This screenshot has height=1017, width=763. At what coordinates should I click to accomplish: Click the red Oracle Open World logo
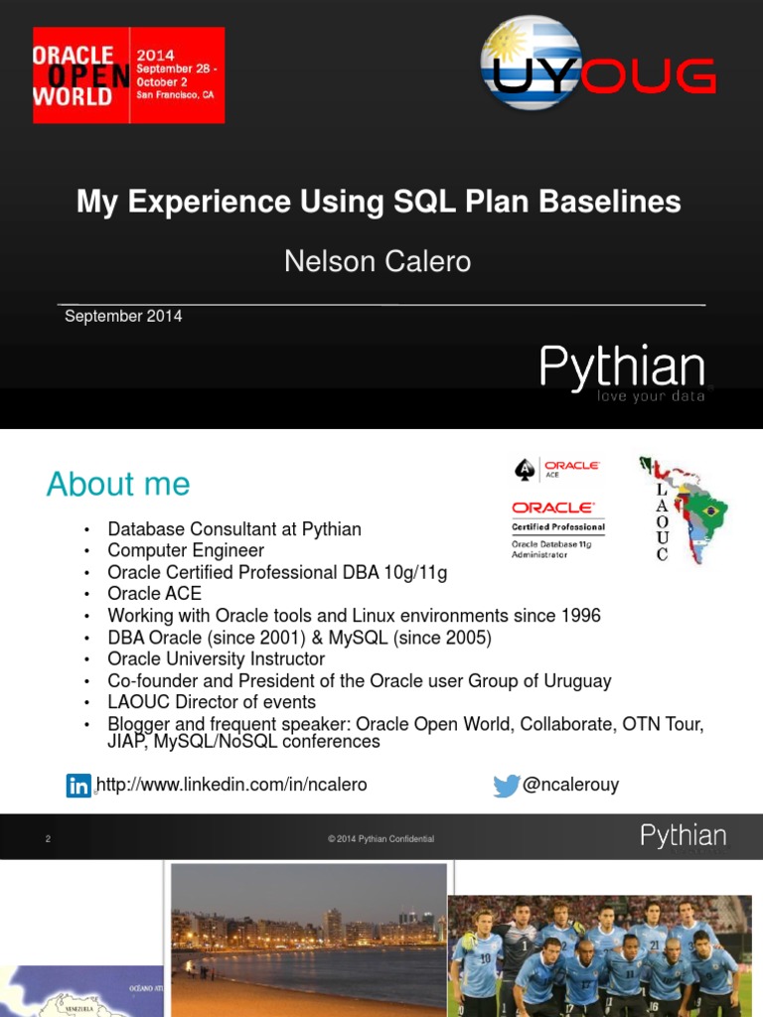click(x=128, y=74)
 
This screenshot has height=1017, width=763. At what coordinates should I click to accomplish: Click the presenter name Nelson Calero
click(x=378, y=261)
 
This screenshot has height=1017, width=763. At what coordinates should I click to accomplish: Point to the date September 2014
click(x=123, y=316)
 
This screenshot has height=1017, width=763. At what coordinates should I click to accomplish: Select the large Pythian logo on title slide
click(x=623, y=370)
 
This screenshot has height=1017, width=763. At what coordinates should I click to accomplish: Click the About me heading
click(x=118, y=484)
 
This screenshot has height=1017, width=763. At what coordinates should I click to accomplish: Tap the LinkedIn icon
click(x=78, y=786)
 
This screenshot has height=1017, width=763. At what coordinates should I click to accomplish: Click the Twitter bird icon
click(x=507, y=786)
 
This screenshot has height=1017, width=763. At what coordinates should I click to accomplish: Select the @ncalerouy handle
click(x=570, y=785)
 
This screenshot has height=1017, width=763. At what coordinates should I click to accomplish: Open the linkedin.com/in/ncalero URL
click(x=232, y=785)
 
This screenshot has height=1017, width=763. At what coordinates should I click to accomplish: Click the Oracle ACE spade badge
click(x=524, y=469)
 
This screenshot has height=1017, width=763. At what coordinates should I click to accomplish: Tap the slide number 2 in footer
click(x=47, y=839)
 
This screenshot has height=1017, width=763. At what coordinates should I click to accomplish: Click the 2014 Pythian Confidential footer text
click(x=381, y=839)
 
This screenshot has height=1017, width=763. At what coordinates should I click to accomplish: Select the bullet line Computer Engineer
click(x=186, y=550)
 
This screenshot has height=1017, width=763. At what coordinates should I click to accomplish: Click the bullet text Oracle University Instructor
click(x=217, y=658)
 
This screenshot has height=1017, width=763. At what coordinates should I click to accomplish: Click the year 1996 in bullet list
click(x=580, y=616)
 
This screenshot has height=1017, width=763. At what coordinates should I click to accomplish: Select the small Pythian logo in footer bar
click(x=683, y=836)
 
